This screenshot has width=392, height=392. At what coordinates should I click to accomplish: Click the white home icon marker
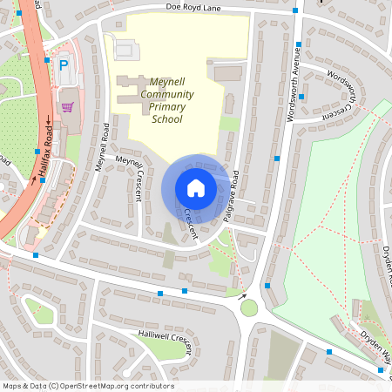click(x=196, y=187)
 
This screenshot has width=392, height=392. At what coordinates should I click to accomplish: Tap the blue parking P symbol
click(x=63, y=65)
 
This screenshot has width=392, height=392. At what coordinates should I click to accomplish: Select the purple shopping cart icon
click(x=67, y=107)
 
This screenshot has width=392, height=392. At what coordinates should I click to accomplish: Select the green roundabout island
click(x=249, y=308)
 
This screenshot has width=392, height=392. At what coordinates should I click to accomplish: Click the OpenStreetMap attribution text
click(x=88, y=386)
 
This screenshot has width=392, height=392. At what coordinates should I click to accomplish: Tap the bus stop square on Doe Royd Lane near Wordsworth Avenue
click(x=295, y=10)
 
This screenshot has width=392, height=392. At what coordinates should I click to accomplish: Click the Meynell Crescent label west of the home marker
click(x=131, y=177)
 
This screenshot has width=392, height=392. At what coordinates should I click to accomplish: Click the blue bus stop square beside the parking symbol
click(x=47, y=61)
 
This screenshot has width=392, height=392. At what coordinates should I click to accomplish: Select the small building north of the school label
click(x=125, y=50)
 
